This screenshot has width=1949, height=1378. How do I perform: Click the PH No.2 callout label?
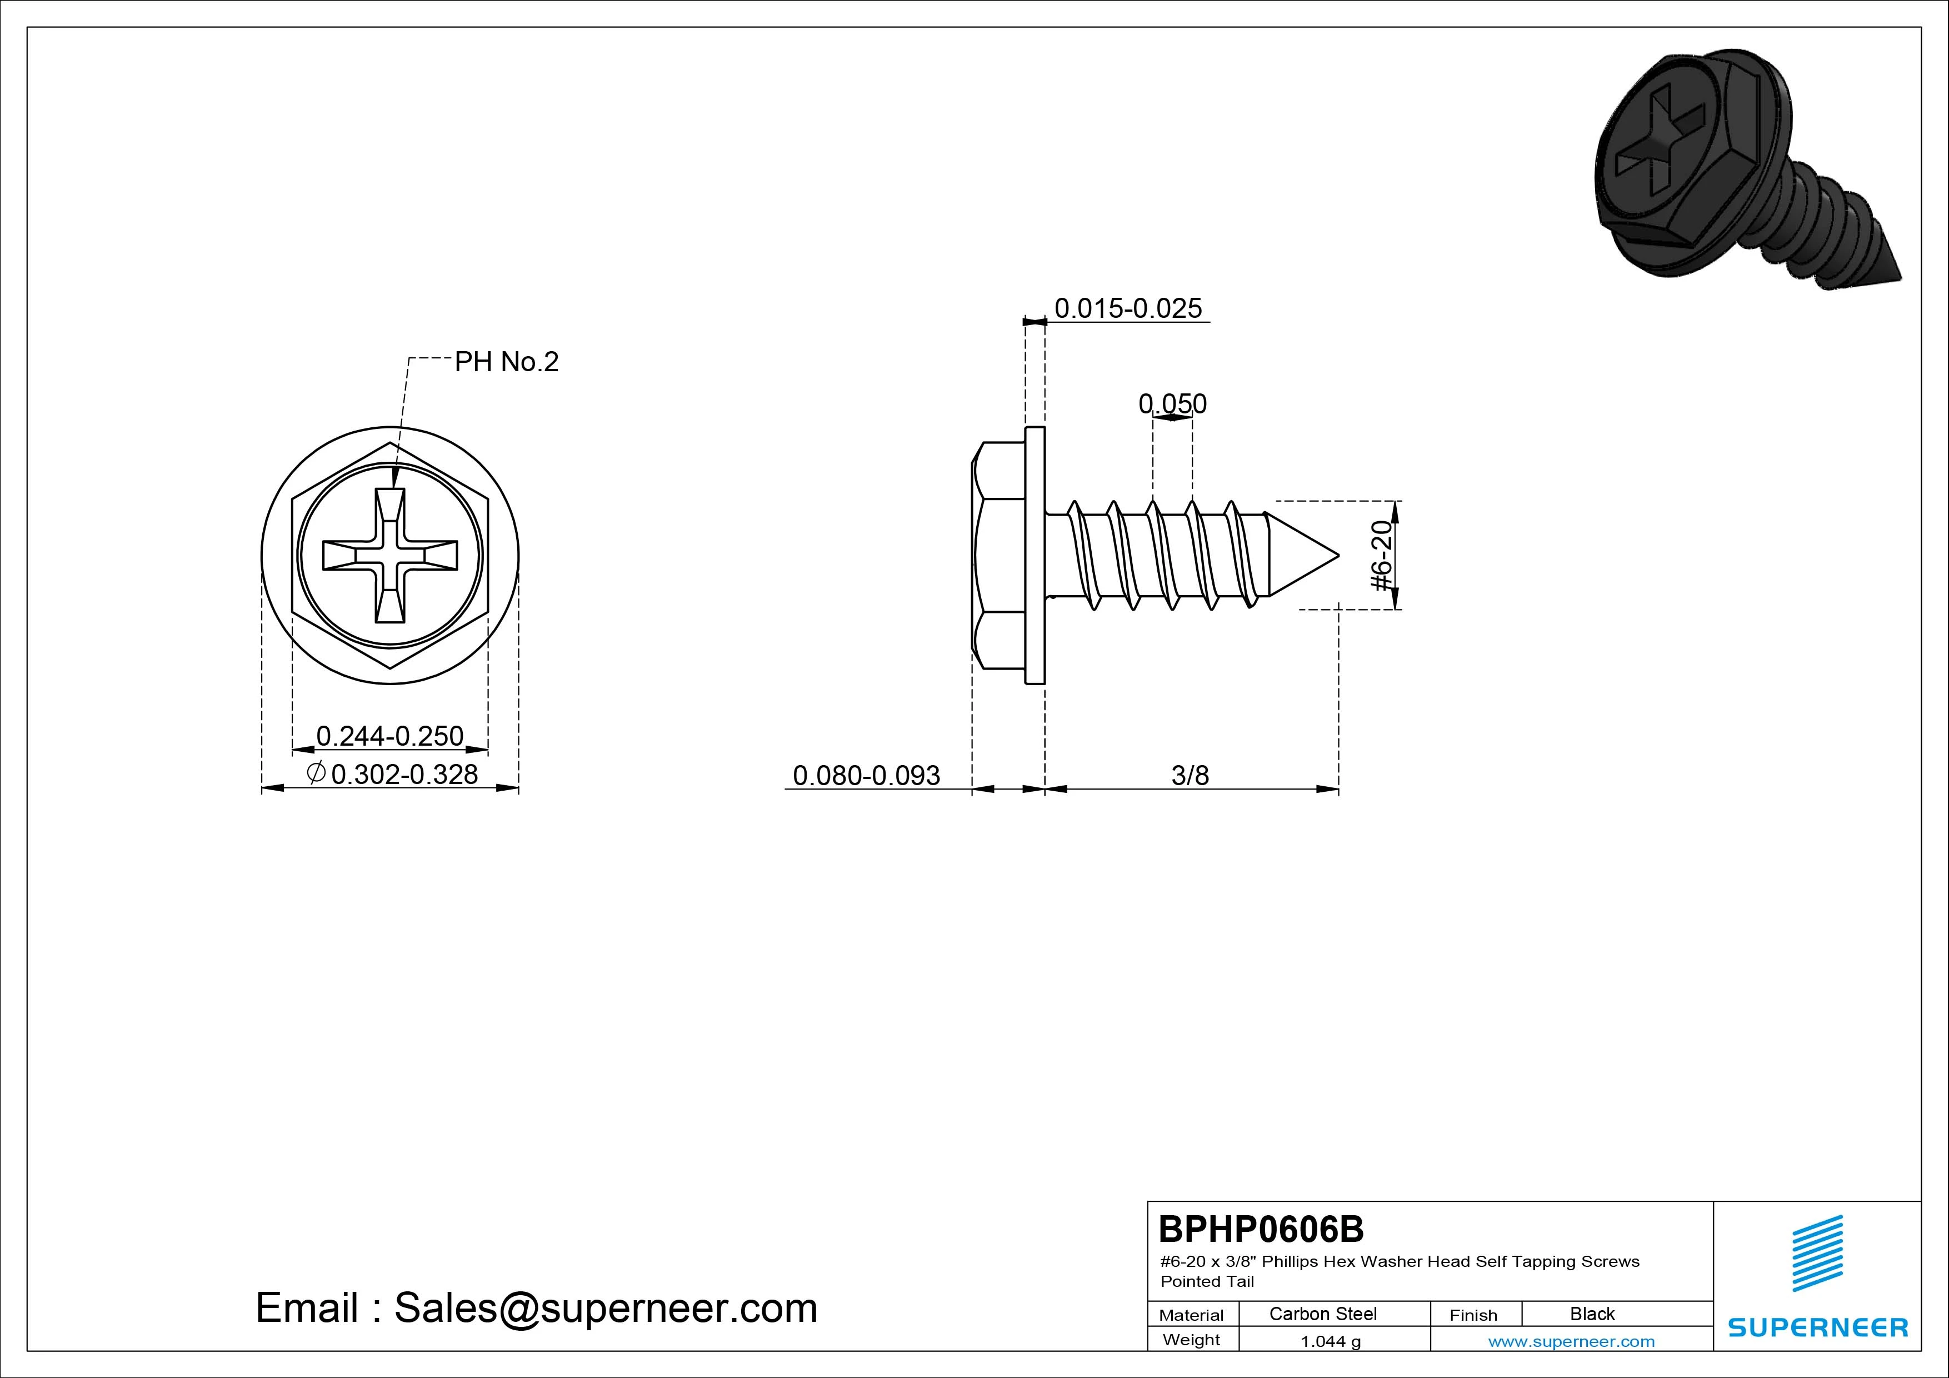point(507,362)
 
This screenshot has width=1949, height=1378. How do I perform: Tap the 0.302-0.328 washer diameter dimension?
point(393,773)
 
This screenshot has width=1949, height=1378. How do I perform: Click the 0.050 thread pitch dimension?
point(1172,403)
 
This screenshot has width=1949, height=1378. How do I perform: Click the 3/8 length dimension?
point(1190,775)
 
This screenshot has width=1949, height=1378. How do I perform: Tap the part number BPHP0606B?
point(1261,1229)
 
